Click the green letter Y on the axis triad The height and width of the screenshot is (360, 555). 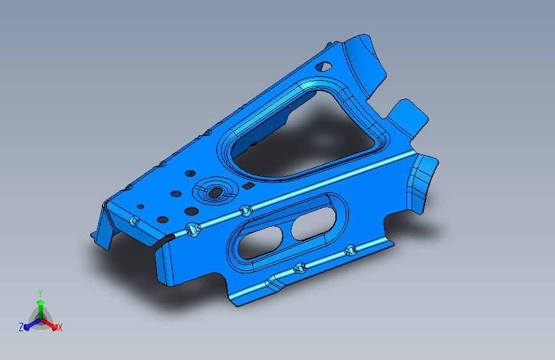point(40,293)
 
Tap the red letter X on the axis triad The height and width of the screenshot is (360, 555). point(60,327)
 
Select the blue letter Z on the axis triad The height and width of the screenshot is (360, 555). point(21,327)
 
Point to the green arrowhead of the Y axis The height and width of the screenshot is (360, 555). point(41,302)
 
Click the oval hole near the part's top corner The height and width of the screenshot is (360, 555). point(323,66)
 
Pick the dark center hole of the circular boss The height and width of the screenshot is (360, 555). point(215,193)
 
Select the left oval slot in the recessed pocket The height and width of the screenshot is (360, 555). point(260,243)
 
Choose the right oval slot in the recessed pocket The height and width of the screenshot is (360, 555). point(313,224)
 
